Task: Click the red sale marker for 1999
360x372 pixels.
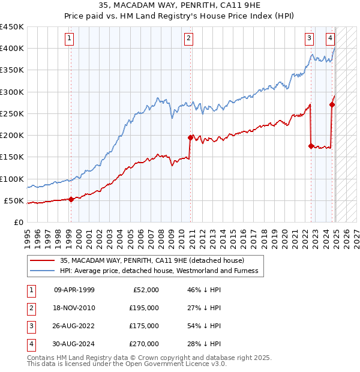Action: (71, 200)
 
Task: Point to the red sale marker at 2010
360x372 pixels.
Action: (190, 137)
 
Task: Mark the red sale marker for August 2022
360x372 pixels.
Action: (311, 146)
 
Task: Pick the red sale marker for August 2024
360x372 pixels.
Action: (332, 104)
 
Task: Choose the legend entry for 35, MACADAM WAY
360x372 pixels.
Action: (152, 260)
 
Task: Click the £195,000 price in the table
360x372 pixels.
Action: (145, 308)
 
